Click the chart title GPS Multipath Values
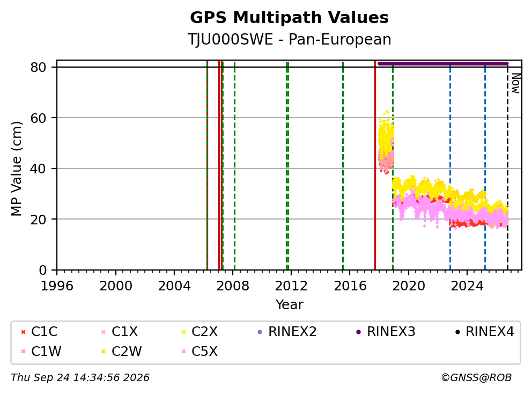(289, 18)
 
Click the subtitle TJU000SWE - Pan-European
(289, 39)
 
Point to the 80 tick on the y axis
(38, 67)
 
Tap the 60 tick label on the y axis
(38, 118)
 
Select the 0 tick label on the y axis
(42, 270)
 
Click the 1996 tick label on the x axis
(57, 286)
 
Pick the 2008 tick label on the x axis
(233, 286)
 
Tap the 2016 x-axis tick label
(350, 286)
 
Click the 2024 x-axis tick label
(467, 286)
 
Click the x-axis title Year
(289, 305)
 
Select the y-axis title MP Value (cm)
(16, 169)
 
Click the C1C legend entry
(39, 332)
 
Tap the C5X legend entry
(199, 351)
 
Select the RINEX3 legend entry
(386, 332)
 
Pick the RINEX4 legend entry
(484, 332)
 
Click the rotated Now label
(516, 83)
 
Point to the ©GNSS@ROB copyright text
(476, 377)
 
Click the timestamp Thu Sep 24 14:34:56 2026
(80, 377)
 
